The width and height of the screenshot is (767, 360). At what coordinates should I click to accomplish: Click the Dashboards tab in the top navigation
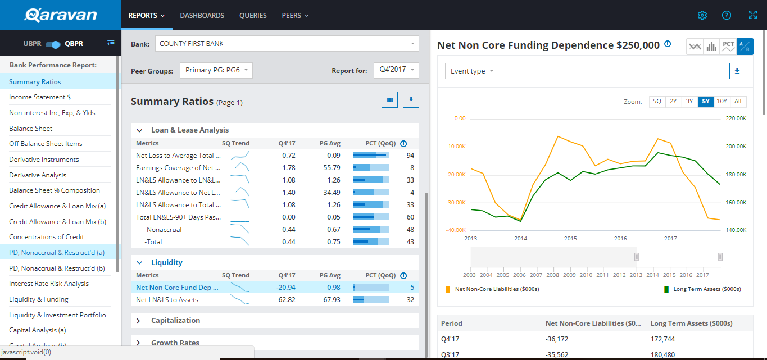point(202,16)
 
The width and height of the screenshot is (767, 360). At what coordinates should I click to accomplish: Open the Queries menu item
point(253,16)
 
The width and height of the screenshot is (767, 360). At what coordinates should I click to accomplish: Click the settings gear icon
point(702,15)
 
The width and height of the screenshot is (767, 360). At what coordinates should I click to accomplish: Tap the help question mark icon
point(727,15)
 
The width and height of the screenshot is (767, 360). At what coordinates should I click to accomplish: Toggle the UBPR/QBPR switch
point(53,44)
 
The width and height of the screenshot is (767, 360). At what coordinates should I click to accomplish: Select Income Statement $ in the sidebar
point(40,97)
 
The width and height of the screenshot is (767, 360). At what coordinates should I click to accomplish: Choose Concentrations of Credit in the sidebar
point(47,237)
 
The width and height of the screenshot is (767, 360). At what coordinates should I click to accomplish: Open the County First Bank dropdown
point(287,44)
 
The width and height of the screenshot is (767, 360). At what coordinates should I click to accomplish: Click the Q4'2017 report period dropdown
point(396,70)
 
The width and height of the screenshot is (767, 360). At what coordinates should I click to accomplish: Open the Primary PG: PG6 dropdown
point(216,70)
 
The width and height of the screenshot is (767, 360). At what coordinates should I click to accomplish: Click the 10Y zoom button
point(721,102)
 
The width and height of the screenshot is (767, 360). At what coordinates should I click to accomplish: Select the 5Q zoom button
point(657,102)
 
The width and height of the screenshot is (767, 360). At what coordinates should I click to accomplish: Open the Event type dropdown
point(471,71)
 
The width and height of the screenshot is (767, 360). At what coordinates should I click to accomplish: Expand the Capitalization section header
point(175,321)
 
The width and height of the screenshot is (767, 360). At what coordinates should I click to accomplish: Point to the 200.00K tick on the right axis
point(736,147)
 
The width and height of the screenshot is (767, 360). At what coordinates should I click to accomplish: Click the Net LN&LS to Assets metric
point(167,300)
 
